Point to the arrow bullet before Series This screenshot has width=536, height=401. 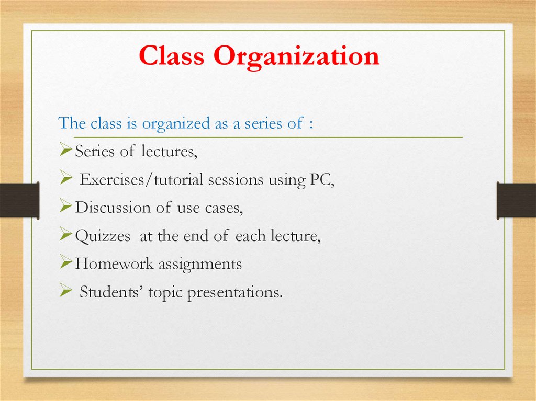coord(65,152)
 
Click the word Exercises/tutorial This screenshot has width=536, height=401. coord(142,180)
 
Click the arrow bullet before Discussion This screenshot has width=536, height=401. coord(65,208)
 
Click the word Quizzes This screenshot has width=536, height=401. coord(103,236)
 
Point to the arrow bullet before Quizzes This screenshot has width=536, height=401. coord(65,236)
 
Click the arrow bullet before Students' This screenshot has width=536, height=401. coord(65,292)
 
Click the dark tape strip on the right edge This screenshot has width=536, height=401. coord(516,200)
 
